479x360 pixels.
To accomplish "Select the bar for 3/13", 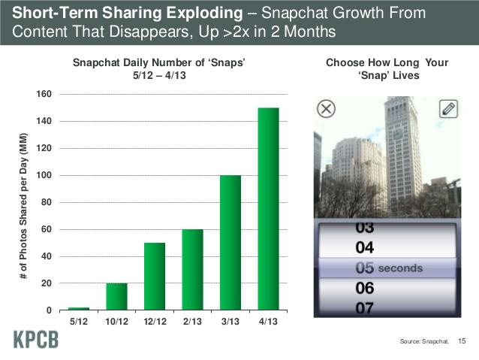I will coord(230,243).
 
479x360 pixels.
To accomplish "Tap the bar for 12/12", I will coord(155,277).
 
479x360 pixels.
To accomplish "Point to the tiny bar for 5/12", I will coord(79,308).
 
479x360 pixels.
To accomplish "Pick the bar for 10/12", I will coord(116,297).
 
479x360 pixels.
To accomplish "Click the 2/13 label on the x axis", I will coord(192,322).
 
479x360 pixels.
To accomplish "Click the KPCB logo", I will coord(35,340).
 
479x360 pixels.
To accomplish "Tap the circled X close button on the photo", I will coord(327,109).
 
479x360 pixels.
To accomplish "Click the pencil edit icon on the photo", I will coord(447,109).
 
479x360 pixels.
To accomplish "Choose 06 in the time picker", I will coord(366,289).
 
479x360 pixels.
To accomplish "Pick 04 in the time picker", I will coord(366,247).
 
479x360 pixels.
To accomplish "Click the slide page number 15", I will coord(462,342).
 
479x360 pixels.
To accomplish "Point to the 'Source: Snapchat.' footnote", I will coord(425,343).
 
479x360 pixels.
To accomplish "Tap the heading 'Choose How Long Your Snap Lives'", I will coord(387,69).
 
